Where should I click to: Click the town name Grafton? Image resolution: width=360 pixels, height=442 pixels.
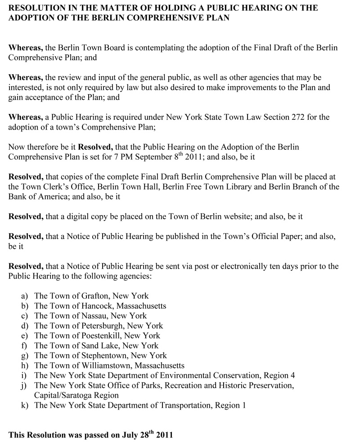tap(94, 296)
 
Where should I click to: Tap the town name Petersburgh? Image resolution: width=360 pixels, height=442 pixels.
tap(101, 325)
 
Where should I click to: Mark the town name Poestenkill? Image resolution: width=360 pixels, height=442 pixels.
tap(100, 335)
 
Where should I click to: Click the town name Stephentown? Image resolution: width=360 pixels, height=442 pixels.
tap(103, 356)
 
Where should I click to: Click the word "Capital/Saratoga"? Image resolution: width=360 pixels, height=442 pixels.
tap(61, 395)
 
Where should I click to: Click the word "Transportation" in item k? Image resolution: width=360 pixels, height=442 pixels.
tap(192, 405)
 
